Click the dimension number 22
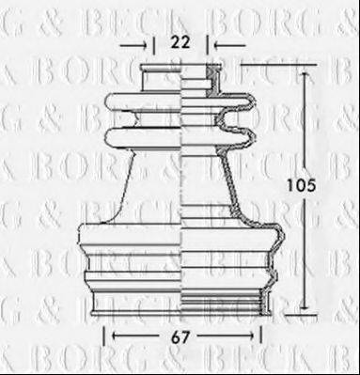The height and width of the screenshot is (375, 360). point(181,41)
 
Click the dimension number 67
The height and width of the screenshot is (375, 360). point(180,334)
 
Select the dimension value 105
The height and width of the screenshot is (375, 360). point(296,186)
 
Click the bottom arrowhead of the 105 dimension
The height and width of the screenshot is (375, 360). point(305,306)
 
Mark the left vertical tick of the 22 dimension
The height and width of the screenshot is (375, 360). point(153,43)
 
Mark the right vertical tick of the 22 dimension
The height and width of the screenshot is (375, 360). point(209,43)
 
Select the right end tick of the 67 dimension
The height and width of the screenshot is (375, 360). point(260,334)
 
